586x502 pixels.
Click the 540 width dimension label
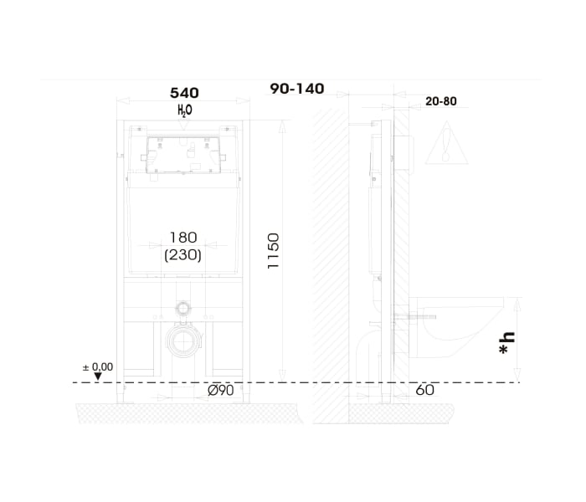click(x=184, y=93)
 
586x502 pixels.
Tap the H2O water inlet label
click(x=185, y=110)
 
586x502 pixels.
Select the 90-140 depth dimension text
click(x=297, y=89)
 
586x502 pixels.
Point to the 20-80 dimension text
click(x=441, y=101)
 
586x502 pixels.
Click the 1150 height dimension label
click(x=274, y=251)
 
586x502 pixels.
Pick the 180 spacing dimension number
click(x=183, y=237)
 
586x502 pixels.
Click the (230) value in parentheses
click(x=182, y=254)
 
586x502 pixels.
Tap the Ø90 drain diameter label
click(x=221, y=391)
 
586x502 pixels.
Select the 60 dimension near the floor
click(x=425, y=391)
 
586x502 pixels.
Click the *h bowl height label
click(x=507, y=343)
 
